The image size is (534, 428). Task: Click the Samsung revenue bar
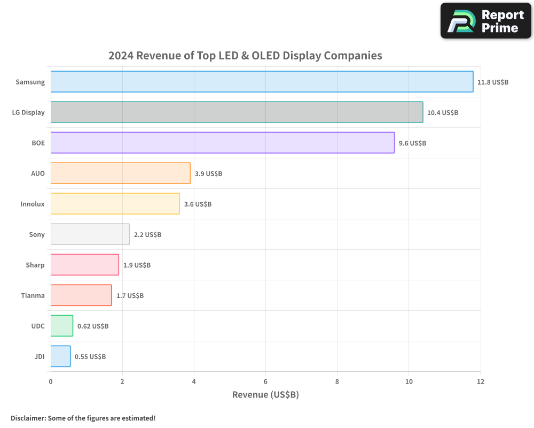pos(262,82)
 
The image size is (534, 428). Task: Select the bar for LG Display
pos(237,112)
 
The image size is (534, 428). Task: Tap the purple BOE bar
pos(222,143)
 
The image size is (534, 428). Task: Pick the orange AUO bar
pos(120,173)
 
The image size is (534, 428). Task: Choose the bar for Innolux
pos(115,204)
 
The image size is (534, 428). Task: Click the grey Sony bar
pos(90,234)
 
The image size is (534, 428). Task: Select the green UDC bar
pos(61,326)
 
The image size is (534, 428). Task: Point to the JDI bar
pos(60,356)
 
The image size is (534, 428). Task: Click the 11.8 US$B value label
pos(493,82)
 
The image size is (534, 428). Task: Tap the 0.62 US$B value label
pos(93,326)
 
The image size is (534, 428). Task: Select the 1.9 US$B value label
pos(137,265)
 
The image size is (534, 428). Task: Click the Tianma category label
pos(33,296)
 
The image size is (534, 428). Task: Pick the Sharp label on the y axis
pos(35,265)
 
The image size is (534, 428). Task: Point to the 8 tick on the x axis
pos(337,382)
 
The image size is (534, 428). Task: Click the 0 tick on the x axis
pos(51,382)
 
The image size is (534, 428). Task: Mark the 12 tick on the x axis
pos(480,382)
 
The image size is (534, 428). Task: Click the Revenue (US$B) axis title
pos(265,395)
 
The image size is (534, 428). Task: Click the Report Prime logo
pos(485,21)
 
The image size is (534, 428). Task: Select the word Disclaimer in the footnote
pos(28,418)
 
